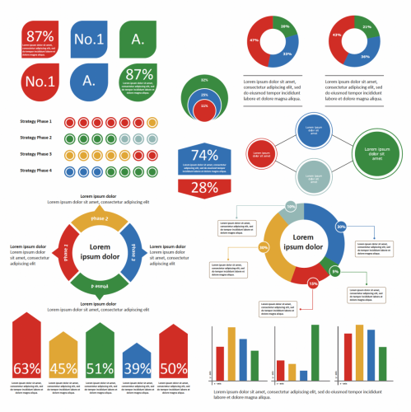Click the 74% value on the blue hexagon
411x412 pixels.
click(204, 155)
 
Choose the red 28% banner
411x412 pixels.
click(204, 187)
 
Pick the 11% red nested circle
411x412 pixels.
click(204, 105)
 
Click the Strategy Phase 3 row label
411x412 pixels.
click(35, 154)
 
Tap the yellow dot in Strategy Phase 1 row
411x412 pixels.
click(152, 122)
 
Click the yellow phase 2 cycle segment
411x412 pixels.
click(99, 219)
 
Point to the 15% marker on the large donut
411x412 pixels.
click(312, 283)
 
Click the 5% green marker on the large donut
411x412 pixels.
click(334, 270)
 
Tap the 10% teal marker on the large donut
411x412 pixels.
click(291, 206)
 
